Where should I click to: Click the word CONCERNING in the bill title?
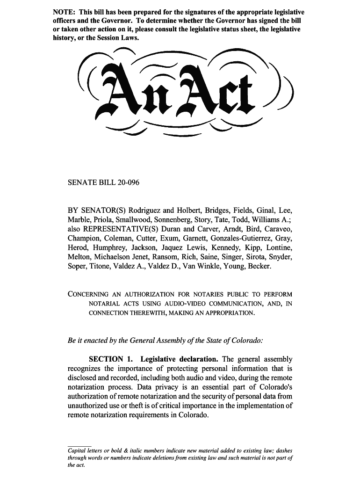coord(88,294)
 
